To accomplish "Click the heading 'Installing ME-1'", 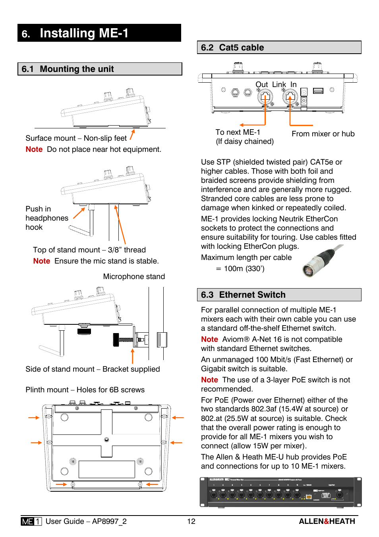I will (x=84, y=33).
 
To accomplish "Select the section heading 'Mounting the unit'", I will (x=77, y=69).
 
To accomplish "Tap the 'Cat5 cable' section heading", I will (x=241, y=48).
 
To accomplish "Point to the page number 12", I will (x=191, y=521).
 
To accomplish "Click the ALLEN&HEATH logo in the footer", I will (x=327, y=521).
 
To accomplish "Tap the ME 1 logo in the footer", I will (x=31, y=521).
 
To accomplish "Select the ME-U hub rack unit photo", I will (x=280, y=492).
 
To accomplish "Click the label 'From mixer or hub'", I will (x=323, y=134).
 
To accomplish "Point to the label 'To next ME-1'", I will (x=238, y=132).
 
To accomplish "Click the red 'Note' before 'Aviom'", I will (x=209, y=339).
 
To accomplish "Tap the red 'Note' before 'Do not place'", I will (x=34, y=149).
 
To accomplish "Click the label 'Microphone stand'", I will (x=134, y=277).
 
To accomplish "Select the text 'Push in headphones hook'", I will (x=46, y=218).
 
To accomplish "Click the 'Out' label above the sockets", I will (x=261, y=85).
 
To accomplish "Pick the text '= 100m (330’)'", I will (x=240, y=269).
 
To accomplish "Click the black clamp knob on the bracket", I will (x=116, y=339).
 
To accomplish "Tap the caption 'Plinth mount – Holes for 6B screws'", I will (x=85, y=390).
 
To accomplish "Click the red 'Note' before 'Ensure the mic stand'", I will (x=41, y=261).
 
